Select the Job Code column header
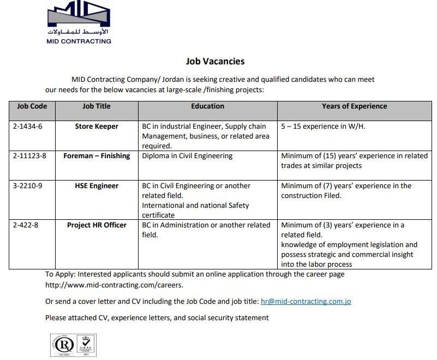point(32,106)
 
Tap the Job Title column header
point(97,106)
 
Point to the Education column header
point(207,106)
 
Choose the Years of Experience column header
point(354,106)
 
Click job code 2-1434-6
point(27,126)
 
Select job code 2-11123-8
point(29,156)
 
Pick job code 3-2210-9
point(27,186)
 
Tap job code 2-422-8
point(25,225)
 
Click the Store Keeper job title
point(97,126)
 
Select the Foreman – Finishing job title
point(97,156)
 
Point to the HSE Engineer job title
point(97,186)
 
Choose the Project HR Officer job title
point(97,225)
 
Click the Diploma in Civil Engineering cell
point(187,156)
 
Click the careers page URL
point(114,285)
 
